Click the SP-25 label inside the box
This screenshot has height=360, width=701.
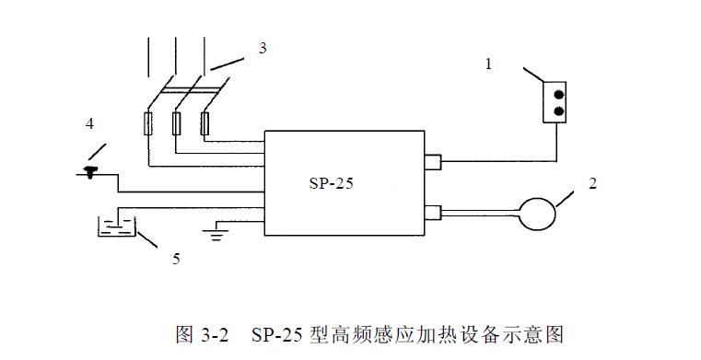click(331, 182)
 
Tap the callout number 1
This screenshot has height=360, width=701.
click(489, 64)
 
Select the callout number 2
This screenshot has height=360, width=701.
click(592, 183)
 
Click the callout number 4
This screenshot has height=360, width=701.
click(89, 122)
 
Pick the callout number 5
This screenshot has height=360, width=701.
click(175, 259)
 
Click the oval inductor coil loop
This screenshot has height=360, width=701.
click(536, 213)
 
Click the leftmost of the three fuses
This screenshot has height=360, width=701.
click(147, 123)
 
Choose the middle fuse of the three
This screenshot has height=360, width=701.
click(176, 123)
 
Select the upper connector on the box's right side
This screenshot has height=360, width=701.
click(432, 163)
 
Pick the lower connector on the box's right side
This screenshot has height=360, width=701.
click(432, 212)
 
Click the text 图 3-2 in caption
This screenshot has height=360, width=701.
click(201, 333)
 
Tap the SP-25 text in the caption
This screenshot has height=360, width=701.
click(275, 333)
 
